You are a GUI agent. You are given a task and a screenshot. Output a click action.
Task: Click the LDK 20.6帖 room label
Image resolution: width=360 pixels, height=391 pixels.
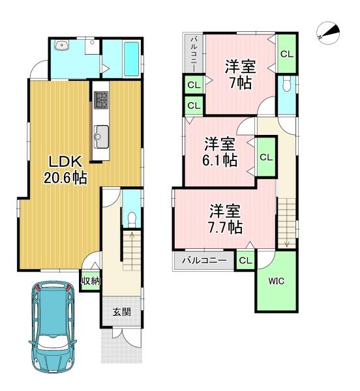pyautogui.click(x=65, y=169)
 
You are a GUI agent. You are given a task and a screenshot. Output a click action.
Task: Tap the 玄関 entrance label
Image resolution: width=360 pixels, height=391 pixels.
pyautogui.click(x=121, y=312)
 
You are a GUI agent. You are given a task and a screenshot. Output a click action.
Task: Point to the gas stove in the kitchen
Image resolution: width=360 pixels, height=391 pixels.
pyautogui.click(x=101, y=100)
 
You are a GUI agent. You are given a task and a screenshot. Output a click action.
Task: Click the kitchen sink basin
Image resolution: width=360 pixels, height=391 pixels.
pyautogui.click(x=101, y=136)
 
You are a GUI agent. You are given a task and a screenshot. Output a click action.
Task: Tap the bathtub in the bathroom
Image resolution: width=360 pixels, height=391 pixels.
pyautogui.click(x=131, y=59)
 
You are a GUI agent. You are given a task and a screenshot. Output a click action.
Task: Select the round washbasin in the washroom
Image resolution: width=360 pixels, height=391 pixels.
pyautogui.click(x=61, y=45)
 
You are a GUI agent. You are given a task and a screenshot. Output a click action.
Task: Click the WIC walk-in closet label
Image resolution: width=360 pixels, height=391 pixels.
pyautogui.click(x=276, y=281)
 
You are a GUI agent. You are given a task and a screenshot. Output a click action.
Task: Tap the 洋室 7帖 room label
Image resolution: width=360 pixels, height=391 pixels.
pyautogui.click(x=240, y=74)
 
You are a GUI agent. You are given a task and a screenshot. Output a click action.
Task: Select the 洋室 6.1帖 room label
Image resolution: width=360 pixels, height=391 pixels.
pyautogui.click(x=220, y=152)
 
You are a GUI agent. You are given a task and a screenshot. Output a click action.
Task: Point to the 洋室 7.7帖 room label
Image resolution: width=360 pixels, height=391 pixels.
pyautogui.click(x=225, y=219)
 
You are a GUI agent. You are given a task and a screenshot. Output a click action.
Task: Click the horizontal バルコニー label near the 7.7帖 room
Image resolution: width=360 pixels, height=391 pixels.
pyautogui.click(x=204, y=261)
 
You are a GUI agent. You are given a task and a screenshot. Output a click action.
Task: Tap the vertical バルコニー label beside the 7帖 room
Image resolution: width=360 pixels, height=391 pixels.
pyautogui.click(x=194, y=53)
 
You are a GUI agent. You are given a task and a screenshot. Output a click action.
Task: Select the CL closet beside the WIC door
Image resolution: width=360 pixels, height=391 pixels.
pyautogui.click(x=245, y=260)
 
